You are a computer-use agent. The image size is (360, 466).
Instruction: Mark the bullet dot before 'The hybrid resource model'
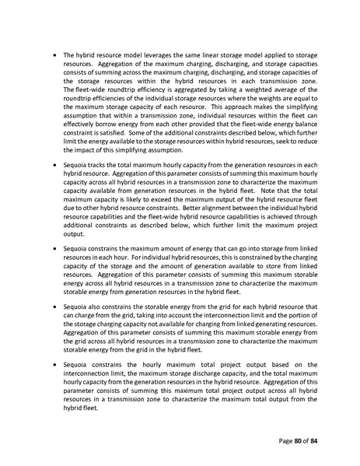point(53,56)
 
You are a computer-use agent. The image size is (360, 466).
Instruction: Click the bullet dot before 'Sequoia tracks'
point(53,166)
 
